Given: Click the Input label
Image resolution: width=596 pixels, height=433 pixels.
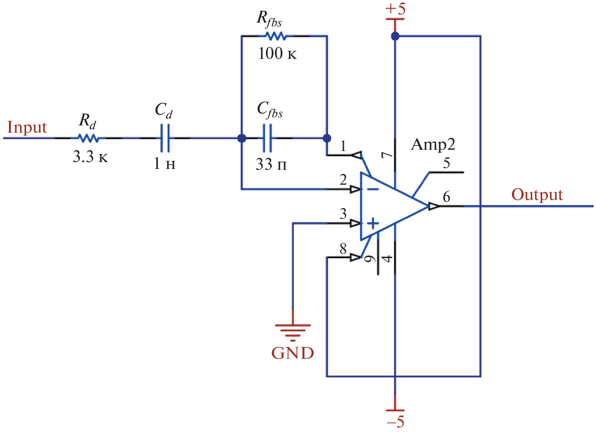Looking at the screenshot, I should coord(27,128).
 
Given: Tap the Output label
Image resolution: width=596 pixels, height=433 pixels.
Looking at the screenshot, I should coord(537,195).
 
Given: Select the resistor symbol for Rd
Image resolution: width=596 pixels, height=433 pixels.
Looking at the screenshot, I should coord(88,138).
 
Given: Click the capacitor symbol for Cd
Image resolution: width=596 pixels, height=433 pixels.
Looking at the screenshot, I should coord(165,138).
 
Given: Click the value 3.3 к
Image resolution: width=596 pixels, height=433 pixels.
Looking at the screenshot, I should coord(90,157).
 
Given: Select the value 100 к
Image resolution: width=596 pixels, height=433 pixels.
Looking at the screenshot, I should coord(277,53).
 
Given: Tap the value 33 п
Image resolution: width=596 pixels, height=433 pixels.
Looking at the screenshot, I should coord(271,164).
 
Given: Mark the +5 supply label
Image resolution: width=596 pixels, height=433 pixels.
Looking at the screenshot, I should coord(395,9).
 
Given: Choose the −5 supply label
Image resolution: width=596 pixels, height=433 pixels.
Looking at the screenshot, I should coord(395,421).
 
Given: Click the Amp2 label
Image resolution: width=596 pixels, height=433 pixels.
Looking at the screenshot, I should coord(433,145).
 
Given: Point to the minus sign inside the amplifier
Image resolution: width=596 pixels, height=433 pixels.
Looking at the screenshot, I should coord(373,189).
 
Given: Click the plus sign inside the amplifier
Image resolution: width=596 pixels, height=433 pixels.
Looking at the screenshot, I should coord(373,223).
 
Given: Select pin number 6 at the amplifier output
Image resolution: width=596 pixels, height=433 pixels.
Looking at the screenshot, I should coord(446,197).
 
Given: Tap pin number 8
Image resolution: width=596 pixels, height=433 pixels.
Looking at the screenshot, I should coord(343,248).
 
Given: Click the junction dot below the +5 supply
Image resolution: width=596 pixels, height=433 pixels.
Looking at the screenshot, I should coord(395,36).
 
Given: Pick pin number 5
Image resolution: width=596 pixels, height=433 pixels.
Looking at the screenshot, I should coord(446,163).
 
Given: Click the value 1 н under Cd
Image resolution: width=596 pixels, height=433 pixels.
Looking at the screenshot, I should coord(164,163).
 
